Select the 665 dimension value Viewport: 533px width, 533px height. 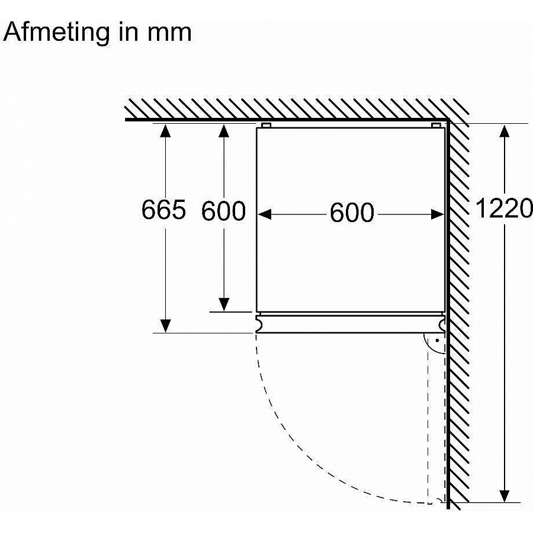[x=163, y=210]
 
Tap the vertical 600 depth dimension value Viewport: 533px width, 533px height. [x=223, y=211]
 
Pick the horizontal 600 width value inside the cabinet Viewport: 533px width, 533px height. [x=352, y=213]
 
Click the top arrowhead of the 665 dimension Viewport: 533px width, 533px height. [x=165, y=131]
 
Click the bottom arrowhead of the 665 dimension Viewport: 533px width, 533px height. [x=165, y=326]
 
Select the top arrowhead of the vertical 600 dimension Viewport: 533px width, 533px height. [x=224, y=131]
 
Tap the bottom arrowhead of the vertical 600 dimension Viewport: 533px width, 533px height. [x=224, y=304]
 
